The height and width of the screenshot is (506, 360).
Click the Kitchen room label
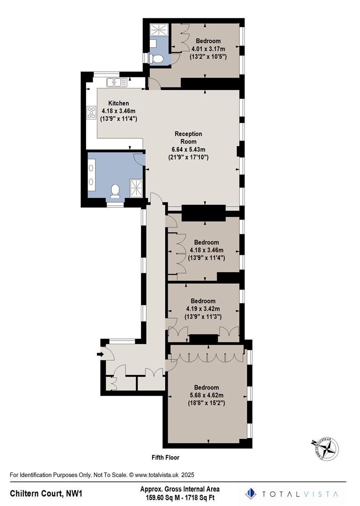(118, 103)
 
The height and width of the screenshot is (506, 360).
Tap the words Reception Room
(188, 137)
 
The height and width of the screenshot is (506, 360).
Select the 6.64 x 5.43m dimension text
(188, 149)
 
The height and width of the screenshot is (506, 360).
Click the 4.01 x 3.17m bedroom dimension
(208, 49)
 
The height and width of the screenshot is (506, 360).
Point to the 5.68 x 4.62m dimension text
(206, 395)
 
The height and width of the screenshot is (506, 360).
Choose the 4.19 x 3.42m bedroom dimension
(203, 309)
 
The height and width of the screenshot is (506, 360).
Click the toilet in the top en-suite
(158, 58)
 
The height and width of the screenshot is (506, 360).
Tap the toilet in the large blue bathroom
(115, 190)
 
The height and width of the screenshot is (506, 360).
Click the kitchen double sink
(117, 82)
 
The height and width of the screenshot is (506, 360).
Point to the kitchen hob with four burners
(91, 112)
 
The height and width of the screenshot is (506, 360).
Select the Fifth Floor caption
(165, 457)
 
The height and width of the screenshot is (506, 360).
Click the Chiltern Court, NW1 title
(47, 493)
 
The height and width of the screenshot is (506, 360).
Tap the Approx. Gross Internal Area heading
(180, 489)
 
